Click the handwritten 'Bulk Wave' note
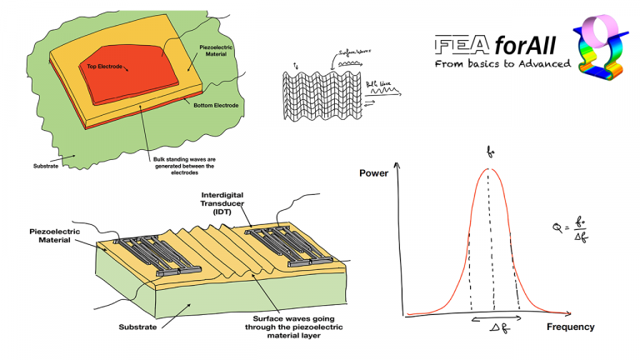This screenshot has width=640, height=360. [377, 83]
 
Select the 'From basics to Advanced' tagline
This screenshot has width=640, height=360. [502, 63]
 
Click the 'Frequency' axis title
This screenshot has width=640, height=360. [571, 327]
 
